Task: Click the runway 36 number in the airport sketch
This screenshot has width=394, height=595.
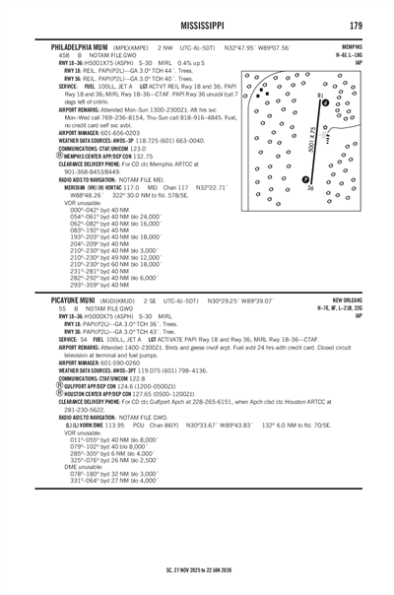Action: [310, 188]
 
